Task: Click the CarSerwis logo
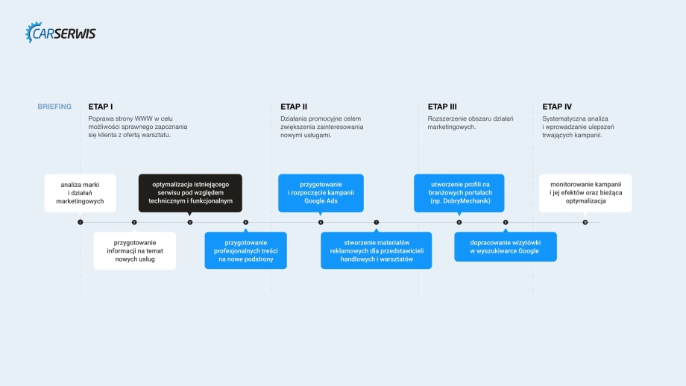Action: point(61,34)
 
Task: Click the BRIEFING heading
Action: point(54,107)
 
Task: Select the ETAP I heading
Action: point(101,107)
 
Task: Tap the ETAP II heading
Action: point(294,107)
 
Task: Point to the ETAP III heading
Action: point(442,107)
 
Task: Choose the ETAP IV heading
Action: point(557,107)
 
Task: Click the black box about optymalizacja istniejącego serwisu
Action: point(190,192)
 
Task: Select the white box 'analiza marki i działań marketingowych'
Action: point(80,192)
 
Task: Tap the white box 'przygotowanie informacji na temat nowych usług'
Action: point(135,251)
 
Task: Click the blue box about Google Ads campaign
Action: point(321,192)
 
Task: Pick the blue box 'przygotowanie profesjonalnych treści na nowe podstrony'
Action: point(245,251)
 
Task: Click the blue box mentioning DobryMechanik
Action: point(459,192)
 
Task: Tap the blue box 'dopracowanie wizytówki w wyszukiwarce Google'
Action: point(505,247)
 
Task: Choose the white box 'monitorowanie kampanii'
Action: point(585,192)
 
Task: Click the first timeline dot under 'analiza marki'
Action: point(80,222)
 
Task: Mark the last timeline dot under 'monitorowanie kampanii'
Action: point(585,222)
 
